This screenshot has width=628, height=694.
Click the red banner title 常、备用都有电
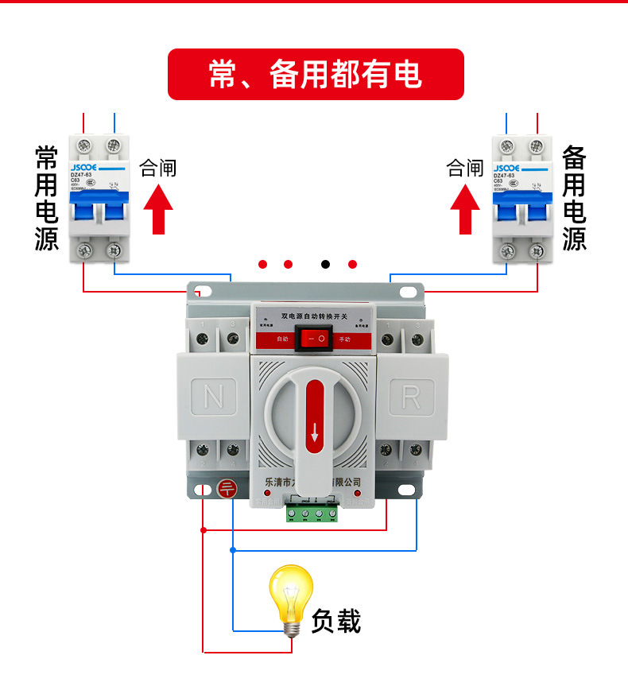click(315, 75)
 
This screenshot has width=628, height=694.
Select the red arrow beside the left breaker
click(158, 208)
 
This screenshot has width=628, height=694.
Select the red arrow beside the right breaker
click(466, 208)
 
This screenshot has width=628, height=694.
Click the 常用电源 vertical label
click(47, 198)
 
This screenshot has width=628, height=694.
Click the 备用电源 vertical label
click(574, 198)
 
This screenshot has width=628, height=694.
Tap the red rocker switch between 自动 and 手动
click(312, 339)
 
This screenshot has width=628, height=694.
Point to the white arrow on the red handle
click(315, 432)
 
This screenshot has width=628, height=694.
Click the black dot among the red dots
click(325, 264)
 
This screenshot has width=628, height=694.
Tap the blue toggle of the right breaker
click(521, 208)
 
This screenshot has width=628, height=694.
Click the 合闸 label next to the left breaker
click(158, 168)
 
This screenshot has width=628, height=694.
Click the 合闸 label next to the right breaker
click(465, 168)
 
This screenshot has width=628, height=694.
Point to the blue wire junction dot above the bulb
click(232, 549)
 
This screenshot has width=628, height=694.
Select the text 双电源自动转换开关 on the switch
click(312, 316)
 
